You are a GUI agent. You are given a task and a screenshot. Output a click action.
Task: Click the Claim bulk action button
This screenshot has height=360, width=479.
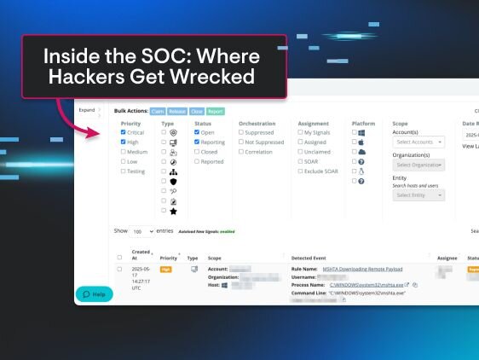click(159, 111)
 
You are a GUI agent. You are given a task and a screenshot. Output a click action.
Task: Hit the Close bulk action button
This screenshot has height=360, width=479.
click(195, 111)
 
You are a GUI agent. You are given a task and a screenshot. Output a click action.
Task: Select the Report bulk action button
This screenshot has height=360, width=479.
click(215, 111)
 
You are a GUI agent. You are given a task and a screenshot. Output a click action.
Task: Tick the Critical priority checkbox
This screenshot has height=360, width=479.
click(124, 133)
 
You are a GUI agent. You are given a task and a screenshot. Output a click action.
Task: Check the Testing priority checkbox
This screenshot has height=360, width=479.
click(124, 171)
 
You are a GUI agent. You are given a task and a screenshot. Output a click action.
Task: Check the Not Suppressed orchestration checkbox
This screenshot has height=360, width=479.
click(242, 142)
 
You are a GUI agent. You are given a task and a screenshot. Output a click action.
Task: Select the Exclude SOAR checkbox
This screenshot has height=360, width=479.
click(300, 171)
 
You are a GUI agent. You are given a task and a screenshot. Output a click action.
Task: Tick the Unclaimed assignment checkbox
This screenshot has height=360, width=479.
click(300, 152)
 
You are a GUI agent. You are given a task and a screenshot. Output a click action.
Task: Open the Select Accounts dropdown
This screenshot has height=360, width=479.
click(418, 142)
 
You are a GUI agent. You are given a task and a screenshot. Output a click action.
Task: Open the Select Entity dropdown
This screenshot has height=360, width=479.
click(418, 195)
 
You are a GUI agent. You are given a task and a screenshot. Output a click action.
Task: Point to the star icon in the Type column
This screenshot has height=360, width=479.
click(173, 211)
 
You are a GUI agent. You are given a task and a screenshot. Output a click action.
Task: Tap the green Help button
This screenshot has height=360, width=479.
click(94, 293)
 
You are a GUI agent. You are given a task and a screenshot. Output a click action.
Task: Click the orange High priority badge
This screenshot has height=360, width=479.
click(166, 269)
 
